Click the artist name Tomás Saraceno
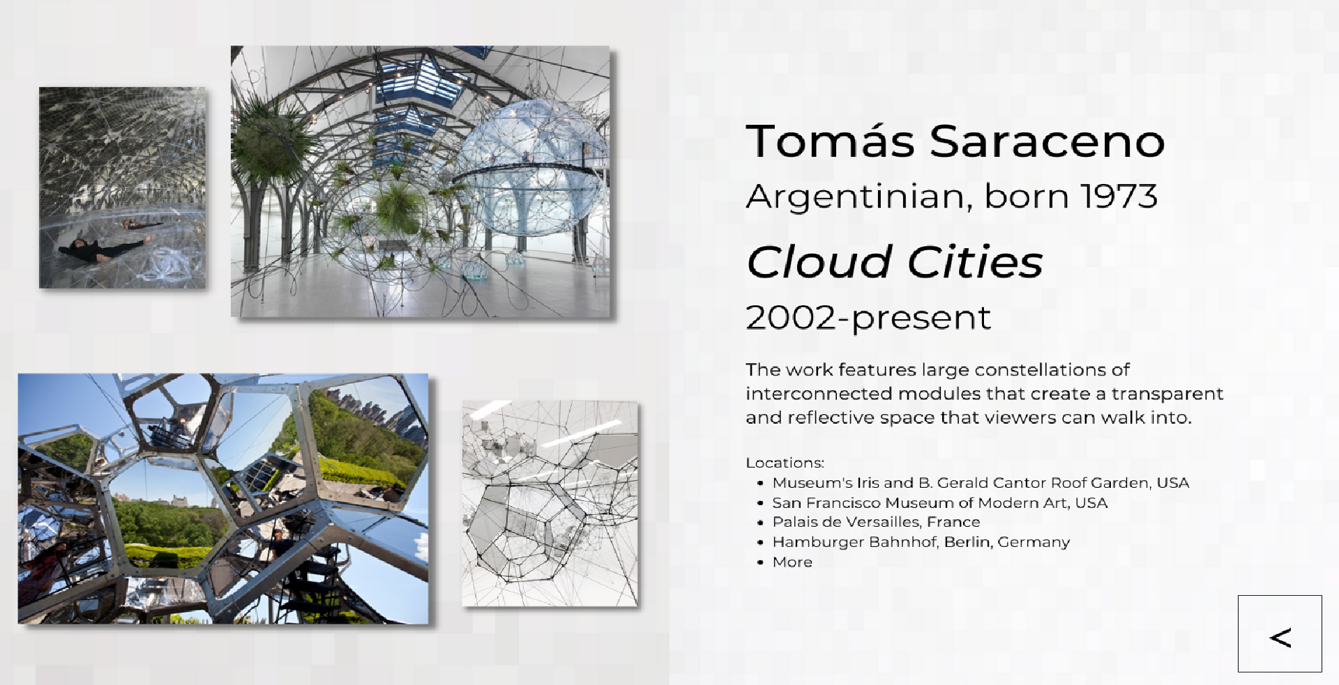tap(955, 141)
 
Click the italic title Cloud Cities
tap(894, 262)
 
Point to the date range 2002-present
tap(868, 318)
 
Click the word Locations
tap(785, 463)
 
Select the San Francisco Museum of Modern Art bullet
tap(939, 502)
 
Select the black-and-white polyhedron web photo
tap(550, 503)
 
